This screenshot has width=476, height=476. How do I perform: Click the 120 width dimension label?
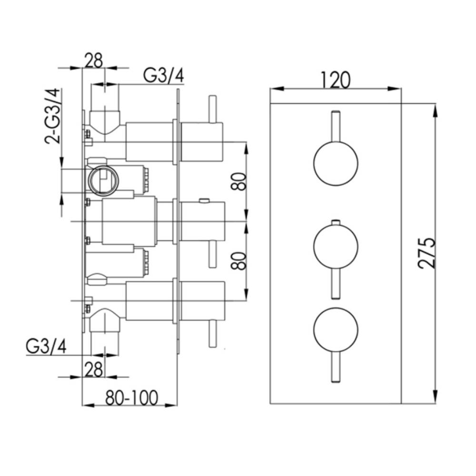coord(335,80)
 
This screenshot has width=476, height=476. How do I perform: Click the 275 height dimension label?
coord(426,253)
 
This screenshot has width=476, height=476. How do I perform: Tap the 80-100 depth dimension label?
coord(132,397)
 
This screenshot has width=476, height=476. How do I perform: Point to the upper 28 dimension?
coord(94,61)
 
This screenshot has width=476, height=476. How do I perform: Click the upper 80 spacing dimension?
coord(238,181)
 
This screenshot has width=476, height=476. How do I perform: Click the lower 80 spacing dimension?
coord(238,261)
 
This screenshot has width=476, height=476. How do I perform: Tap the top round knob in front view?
coord(336,163)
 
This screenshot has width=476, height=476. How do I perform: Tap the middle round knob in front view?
coord(336,247)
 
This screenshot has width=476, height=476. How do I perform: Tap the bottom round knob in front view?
coord(336,329)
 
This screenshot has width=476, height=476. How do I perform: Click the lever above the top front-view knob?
coord(336,126)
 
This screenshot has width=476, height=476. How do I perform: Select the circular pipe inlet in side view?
coord(102,181)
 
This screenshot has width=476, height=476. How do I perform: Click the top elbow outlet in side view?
coord(104,121)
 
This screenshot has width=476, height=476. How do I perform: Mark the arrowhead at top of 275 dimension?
coord(436,110)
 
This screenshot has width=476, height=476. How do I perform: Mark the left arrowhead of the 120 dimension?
coord(277,89)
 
